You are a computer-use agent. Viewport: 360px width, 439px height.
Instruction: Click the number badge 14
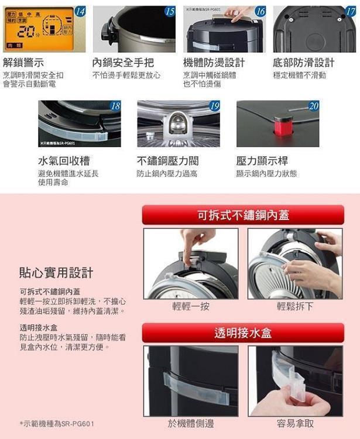click(80, 12)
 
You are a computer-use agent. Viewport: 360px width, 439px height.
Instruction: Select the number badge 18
click(115, 106)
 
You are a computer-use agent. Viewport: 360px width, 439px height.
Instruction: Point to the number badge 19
click(214, 106)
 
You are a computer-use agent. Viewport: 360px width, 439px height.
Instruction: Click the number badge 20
click(314, 106)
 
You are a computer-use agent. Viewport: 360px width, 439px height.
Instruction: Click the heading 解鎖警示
click(23, 63)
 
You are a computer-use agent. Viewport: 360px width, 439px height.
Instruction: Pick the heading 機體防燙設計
click(214, 63)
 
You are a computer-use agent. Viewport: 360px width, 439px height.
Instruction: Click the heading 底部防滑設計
click(303, 63)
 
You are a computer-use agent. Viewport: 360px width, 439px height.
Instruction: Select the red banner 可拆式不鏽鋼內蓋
click(243, 215)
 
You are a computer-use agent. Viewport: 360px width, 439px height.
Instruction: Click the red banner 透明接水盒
click(243, 333)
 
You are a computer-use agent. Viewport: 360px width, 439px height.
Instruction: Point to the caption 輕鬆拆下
click(295, 306)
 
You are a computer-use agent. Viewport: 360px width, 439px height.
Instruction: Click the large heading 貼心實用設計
click(56, 273)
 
